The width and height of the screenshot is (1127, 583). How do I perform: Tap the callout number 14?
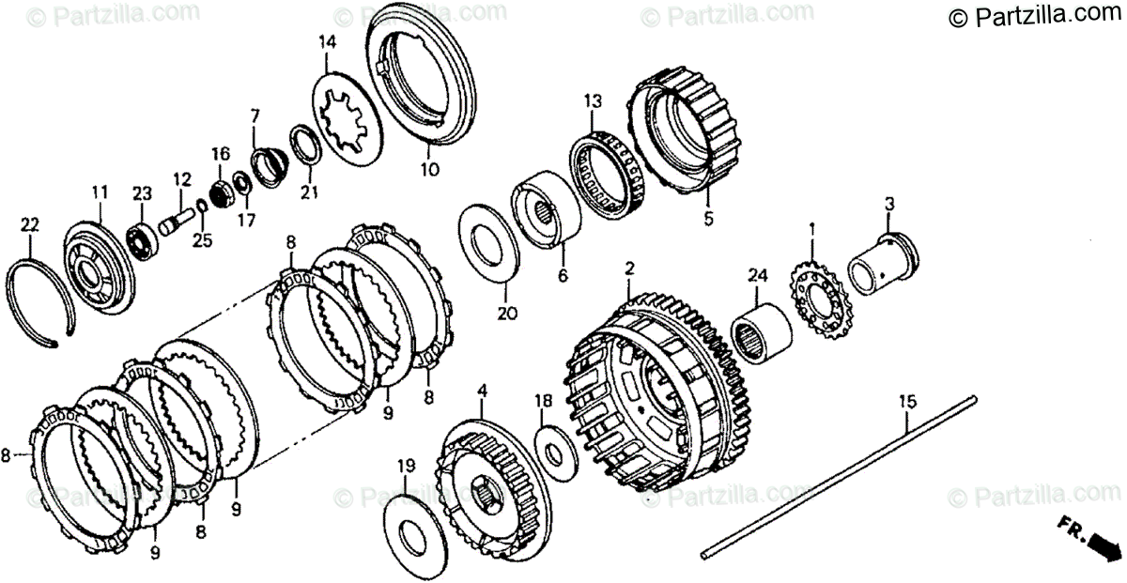pyautogui.click(x=327, y=41)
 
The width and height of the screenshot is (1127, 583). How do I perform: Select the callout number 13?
pyautogui.click(x=592, y=100)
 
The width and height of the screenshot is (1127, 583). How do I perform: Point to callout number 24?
pyautogui.click(x=758, y=275)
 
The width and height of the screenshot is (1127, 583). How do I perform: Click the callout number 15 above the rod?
pyautogui.click(x=906, y=402)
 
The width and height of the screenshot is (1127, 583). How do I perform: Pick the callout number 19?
pyautogui.click(x=404, y=466)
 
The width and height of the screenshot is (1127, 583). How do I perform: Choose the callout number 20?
pyautogui.click(x=507, y=314)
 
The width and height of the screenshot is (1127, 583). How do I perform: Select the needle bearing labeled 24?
pyautogui.click(x=761, y=329)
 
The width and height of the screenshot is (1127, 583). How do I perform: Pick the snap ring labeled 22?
pyautogui.click(x=42, y=305)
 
